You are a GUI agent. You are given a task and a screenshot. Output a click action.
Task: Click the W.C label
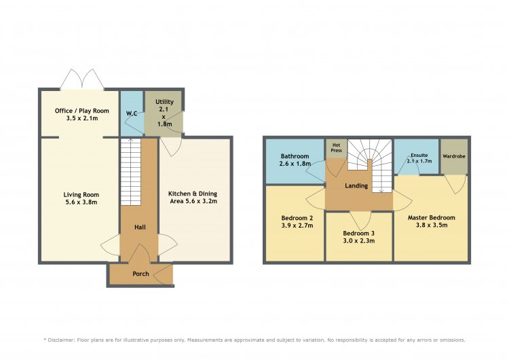coord(132,113)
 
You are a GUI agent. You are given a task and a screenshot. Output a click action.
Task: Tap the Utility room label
coord(165,102)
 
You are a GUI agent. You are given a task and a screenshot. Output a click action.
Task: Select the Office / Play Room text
coord(82,111)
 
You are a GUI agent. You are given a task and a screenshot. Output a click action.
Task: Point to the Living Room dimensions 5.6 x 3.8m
coord(81,202)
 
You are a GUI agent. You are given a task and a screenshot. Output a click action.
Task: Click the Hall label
coord(140,228)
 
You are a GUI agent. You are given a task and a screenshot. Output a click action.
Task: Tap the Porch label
coord(141,274)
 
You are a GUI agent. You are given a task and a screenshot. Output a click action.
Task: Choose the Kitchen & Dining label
coord(193,194)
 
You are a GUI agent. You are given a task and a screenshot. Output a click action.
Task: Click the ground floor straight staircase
coord(131,172)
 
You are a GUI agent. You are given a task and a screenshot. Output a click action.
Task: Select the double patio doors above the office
coord(82,79)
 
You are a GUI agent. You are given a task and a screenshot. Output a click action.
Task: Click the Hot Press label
coord(337,148)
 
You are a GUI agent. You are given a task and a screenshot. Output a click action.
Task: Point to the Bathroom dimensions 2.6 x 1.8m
coord(295,164)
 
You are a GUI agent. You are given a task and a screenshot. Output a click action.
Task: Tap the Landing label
coord(356,186)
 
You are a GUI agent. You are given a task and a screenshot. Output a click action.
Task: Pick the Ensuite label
coord(419,156)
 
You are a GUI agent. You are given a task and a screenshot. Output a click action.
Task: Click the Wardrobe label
coord(454,156)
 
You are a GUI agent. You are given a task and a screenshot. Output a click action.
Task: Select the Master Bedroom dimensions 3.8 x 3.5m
coord(432,225)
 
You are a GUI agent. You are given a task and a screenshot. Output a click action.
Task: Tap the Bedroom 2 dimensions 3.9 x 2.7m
coord(297,226)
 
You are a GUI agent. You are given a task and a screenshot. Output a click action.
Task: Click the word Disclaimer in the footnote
coord(61,340)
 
